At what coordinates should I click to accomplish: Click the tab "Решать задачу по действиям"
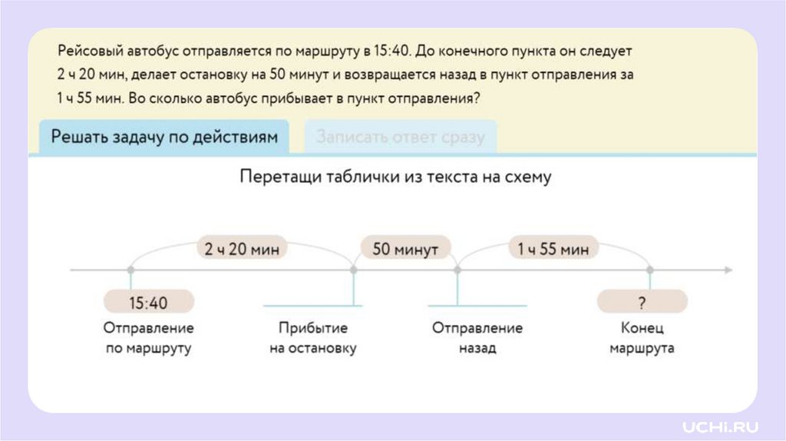[163, 137]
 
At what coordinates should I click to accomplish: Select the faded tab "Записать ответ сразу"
[400, 138]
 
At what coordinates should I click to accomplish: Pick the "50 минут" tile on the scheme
[405, 249]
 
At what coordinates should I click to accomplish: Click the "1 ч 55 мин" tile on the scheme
[553, 249]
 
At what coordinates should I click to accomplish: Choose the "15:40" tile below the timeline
[148, 302]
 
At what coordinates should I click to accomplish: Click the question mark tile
[642, 302]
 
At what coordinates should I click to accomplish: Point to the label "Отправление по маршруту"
[148, 338]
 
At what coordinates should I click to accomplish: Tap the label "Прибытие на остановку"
[313, 338]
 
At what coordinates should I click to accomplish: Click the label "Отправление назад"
[477, 338]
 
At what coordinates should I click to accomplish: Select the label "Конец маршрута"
[642, 338]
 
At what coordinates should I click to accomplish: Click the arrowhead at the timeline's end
[728, 270]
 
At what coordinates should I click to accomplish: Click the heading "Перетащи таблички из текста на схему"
[395, 177]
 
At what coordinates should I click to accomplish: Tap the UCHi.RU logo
[720, 425]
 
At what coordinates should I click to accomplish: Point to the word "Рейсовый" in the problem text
[88, 52]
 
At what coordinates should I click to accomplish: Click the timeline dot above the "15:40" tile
[130, 270]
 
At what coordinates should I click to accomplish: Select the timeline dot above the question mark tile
[649, 270]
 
